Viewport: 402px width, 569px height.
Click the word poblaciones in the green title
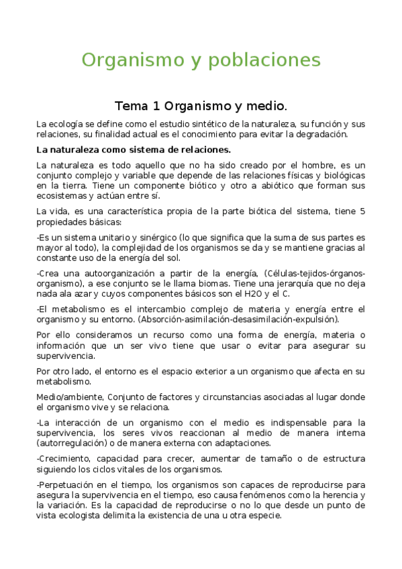pos(269,60)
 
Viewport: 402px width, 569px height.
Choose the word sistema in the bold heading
pos(154,149)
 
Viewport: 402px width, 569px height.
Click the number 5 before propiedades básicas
pos(362,212)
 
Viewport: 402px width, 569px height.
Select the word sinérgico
pos(158,238)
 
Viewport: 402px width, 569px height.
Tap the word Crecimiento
pos(68,459)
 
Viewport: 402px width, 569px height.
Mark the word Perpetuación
pos(70,484)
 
